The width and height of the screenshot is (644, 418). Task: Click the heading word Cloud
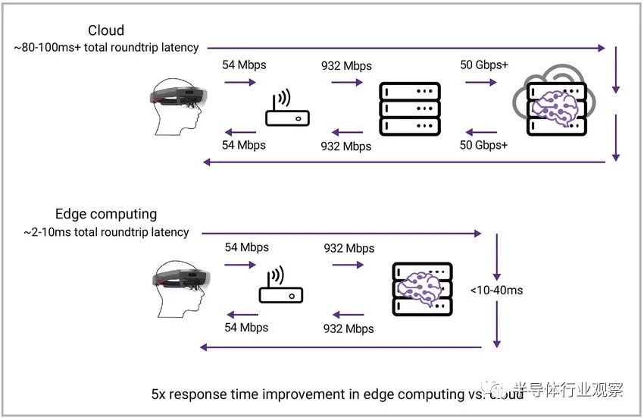tap(106, 31)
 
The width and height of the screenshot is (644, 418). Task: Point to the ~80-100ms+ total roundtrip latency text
tap(106, 48)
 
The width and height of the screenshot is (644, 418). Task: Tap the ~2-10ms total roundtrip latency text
tap(102, 231)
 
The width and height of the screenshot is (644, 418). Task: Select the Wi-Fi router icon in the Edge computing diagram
tap(281, 285)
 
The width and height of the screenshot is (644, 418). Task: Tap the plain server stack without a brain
tap(409, 108)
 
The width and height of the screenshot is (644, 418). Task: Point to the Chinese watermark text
tap(567, 390)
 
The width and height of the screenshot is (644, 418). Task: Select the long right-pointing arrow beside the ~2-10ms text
tap(341, 231)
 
